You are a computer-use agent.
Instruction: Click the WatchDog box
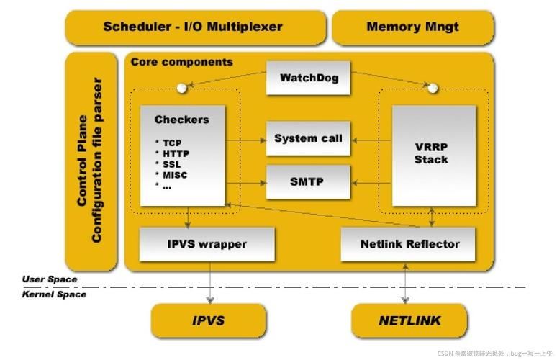point(308,78)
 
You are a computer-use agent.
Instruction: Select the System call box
point(308,138)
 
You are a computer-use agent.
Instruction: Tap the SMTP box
point(308,182)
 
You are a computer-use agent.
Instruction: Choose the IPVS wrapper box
point(207,244)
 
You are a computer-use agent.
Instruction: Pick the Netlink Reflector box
point(409,244)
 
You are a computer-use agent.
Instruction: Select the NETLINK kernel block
point(409,320)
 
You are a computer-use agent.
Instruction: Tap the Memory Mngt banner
point(412,27)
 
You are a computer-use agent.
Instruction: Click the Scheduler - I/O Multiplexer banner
point(193,27)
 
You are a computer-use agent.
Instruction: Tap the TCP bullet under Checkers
point(172,143)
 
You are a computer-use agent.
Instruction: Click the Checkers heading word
point(181,120)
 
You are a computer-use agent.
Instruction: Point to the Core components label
point(181,62)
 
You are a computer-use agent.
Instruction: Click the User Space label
point(49,279)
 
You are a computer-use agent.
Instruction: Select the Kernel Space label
point(54,294)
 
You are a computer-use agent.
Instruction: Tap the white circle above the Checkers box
point(182,89)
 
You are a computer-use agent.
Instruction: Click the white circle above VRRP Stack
point(433,89)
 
